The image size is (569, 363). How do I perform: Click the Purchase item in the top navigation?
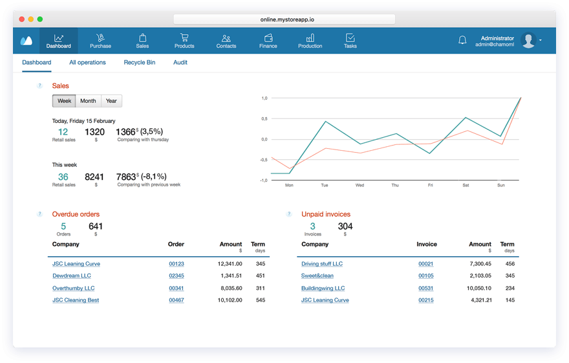[100, 41]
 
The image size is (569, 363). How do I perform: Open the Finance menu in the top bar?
[268, 41]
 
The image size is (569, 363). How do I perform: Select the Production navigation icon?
[310, 41]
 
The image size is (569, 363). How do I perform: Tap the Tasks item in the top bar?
[350, 41]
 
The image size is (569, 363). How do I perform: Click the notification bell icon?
[462, 41]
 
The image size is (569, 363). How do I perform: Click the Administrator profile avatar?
[528, 41]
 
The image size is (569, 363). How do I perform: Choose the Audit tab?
[180, 63]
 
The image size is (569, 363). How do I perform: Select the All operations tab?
[87, 63]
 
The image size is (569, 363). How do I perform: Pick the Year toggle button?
[111, 101]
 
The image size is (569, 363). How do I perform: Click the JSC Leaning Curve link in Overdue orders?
[76, 264]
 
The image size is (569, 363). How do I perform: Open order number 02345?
[177, 276]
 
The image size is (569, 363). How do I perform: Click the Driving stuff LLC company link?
[322, 264]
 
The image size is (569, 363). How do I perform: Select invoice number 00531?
[425, 289]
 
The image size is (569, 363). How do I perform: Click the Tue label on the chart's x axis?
[324, 185]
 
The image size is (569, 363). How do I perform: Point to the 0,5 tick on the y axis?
[264, 118]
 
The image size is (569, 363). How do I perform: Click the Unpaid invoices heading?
[326, 214]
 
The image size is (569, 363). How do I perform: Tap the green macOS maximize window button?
[40, 19]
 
